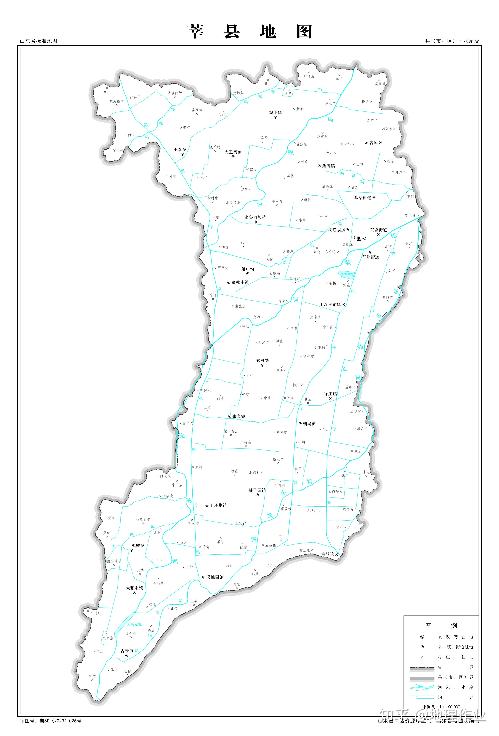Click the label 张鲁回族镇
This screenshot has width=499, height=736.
(x=255, y=217)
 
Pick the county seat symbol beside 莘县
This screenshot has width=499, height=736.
(x=364, y=239)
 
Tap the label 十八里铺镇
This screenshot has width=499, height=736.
(x=330, y=305)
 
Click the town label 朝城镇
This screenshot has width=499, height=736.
(x=309, y=424)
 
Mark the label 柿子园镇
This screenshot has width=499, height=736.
(x=257, y=490)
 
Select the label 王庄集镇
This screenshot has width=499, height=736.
(x=218, y=505)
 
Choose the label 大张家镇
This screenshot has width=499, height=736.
(x=134, y=588)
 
